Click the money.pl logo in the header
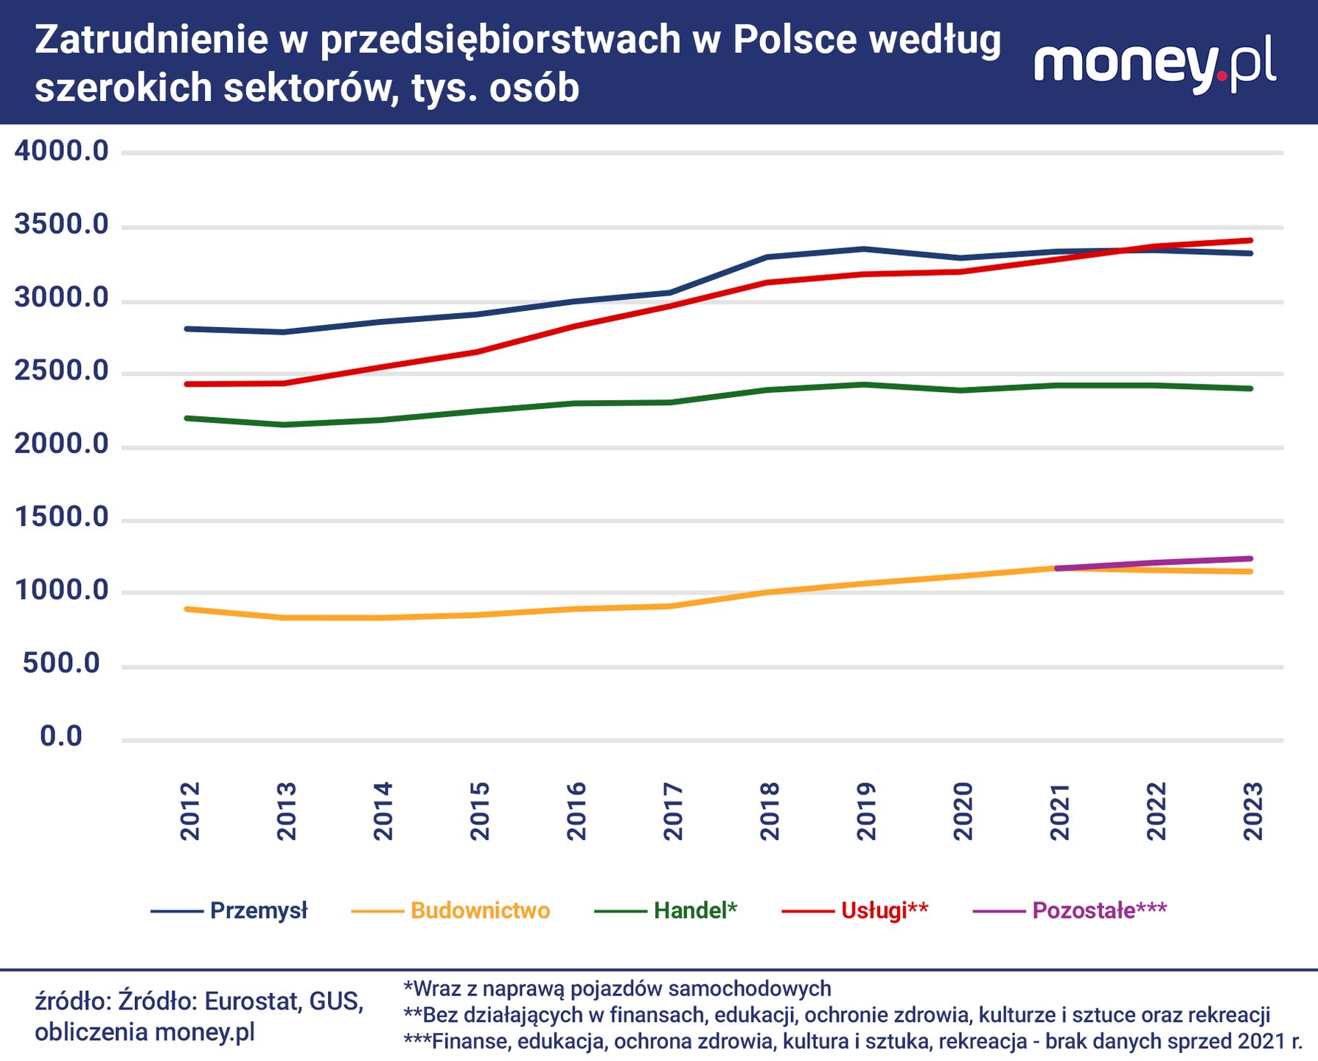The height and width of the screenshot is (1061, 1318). [1155, 64]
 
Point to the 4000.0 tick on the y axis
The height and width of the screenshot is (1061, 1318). [61, 151]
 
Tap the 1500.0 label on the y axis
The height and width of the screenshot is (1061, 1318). [61, 518]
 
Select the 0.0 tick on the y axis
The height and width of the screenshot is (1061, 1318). [61, 736]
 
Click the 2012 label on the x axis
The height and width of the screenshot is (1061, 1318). [190, 811]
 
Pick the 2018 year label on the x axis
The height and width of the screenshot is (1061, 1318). [770, 811]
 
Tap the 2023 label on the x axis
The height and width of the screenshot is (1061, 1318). [1252, 811]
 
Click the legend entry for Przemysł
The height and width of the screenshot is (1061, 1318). [229, 911]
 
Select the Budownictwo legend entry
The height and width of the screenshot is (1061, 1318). [450, 911]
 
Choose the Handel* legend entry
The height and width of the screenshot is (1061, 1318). [666, 911]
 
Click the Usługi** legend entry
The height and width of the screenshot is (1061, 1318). [855, 911]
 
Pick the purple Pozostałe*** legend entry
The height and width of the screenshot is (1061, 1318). [1070, 911]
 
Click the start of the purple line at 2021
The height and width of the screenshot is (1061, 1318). [1058, 569]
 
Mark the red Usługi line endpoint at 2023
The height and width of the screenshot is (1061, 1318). [1251, 240]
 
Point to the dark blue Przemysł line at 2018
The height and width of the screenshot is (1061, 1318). [768, 257]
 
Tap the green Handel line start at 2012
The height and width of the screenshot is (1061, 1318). [187, 419]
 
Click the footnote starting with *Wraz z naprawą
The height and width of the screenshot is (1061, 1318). [617, 988]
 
